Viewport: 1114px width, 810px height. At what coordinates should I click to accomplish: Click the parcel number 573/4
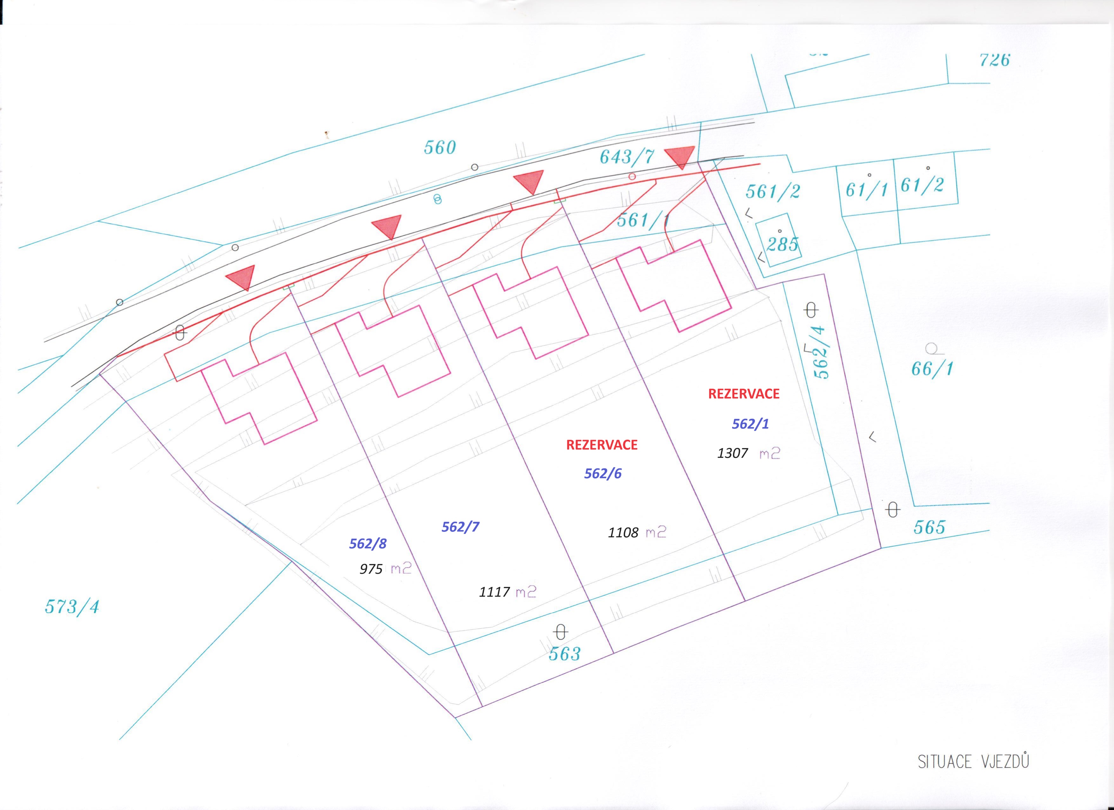click(72, 607)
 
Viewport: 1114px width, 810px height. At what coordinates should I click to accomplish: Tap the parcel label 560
click(440, 147)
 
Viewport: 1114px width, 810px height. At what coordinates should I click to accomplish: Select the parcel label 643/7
click(627, 157)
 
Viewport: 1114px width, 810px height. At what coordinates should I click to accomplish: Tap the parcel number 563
click(565, 654)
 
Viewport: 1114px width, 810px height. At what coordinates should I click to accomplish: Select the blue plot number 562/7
click(460, 527)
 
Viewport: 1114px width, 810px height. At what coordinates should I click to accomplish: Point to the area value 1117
click(494, 592)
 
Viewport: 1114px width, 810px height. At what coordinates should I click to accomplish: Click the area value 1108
click(623, 532)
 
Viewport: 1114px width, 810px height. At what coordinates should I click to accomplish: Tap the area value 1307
click(733, 453)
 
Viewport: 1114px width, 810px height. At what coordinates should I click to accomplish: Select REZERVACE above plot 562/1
click(744, 394)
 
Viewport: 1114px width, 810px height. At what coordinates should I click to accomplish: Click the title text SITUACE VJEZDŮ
click(974, 762)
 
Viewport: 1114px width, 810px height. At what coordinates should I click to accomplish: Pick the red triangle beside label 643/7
click(680, 157)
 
